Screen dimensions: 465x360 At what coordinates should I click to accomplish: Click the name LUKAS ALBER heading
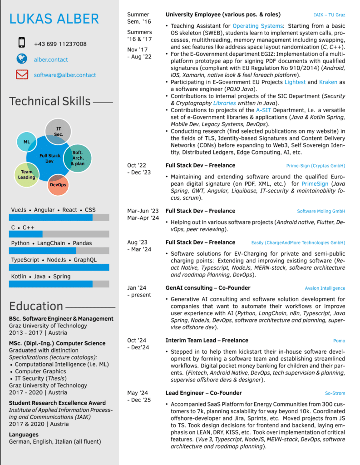[54, 19]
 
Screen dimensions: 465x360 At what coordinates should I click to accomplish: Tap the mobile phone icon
[21, 43]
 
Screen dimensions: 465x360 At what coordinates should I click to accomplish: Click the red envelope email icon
[22, 74]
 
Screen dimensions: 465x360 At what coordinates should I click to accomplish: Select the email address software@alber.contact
[65, 75]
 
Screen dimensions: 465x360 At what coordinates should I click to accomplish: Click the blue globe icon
[21, 59]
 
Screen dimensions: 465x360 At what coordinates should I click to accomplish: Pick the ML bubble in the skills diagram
[26, 142]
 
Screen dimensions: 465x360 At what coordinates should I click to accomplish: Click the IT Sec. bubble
[59, 132]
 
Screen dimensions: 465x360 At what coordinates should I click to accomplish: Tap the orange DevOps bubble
[58, 184]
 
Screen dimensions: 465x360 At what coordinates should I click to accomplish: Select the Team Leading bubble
[27, 174]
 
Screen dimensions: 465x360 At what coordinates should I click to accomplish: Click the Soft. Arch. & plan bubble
[78, 158]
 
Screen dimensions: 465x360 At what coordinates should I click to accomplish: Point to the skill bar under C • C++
[59, 234]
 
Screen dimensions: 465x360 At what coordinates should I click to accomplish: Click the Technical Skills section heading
[50, 101]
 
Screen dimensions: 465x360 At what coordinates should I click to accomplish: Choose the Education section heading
[36, 306]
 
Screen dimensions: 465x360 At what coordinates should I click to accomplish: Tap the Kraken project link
[328, 82]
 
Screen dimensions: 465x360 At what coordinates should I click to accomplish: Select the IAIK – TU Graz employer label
[329, 15]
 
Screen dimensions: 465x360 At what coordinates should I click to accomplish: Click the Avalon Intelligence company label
[325, 288]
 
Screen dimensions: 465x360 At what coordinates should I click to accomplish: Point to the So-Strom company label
[335, 393]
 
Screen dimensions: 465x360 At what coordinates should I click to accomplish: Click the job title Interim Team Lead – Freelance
[207, 340]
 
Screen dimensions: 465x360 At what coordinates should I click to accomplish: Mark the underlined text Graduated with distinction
[44, 350]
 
